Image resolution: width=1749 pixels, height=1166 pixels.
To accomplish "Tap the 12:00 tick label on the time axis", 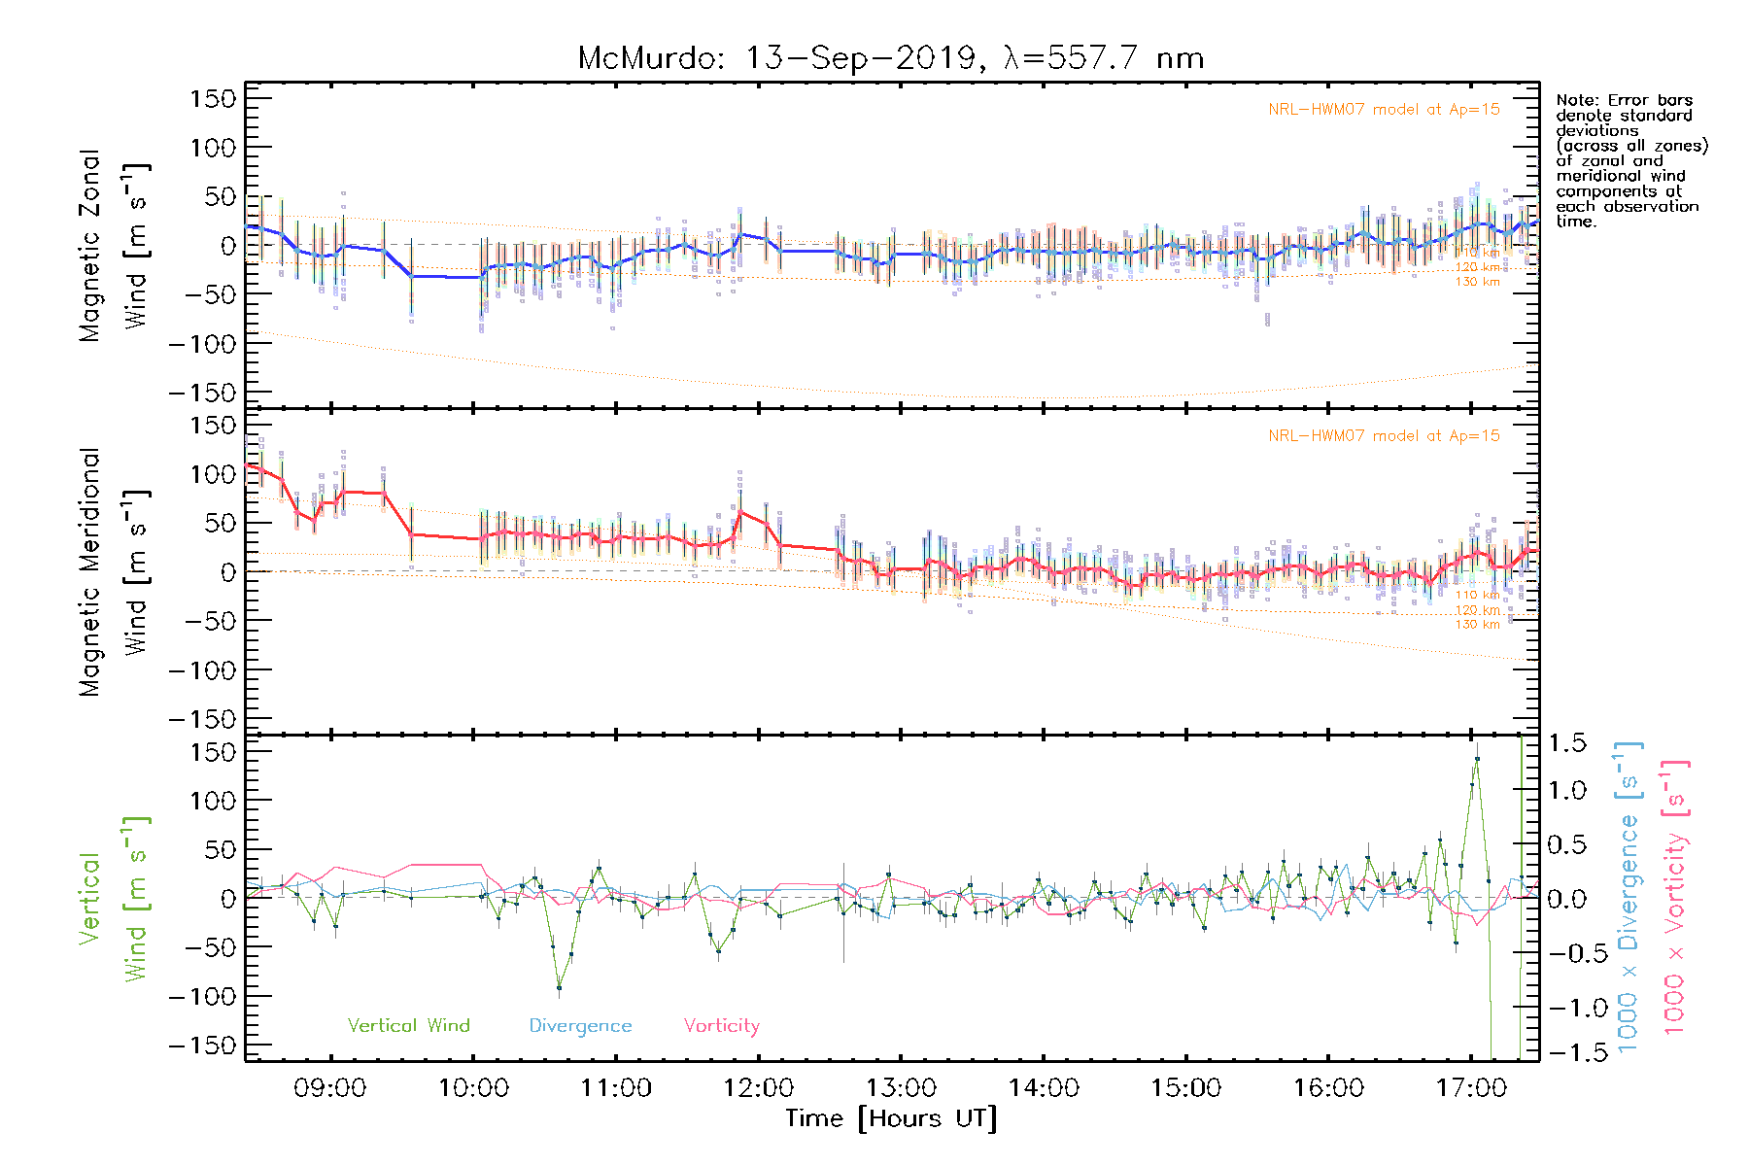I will [759, 1087].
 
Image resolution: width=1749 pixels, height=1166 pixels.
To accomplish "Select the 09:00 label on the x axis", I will [330, 1087].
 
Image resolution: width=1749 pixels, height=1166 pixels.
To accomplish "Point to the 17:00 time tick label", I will [1471, 1087].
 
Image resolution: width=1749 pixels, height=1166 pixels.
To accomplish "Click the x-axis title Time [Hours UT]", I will [891, 1118].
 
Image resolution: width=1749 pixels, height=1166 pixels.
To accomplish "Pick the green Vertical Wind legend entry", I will [408, 1025].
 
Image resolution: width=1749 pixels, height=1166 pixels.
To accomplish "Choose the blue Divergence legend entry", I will [580, 1025].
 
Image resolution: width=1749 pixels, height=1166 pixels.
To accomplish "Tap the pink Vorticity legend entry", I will [721, 1025].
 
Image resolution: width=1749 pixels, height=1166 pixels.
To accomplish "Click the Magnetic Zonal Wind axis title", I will [115, 246].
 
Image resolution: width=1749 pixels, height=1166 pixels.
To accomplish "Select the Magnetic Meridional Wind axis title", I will [115, 573].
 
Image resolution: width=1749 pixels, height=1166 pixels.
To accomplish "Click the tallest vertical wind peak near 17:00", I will [1477, 758].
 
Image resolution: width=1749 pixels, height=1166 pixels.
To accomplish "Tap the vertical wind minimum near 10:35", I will [559, 988].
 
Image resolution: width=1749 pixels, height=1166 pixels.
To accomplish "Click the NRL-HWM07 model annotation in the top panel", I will [1384, 110].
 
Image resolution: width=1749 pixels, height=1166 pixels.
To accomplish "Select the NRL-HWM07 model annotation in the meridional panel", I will [1384, 436].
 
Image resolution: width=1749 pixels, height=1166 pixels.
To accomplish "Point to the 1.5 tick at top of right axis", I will [1566, 743].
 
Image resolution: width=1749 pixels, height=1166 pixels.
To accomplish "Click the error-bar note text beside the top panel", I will [1630, 160].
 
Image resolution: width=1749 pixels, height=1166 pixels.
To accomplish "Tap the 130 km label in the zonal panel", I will [1477, 282].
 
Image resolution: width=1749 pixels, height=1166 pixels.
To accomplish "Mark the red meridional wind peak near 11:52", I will [740, 511].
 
